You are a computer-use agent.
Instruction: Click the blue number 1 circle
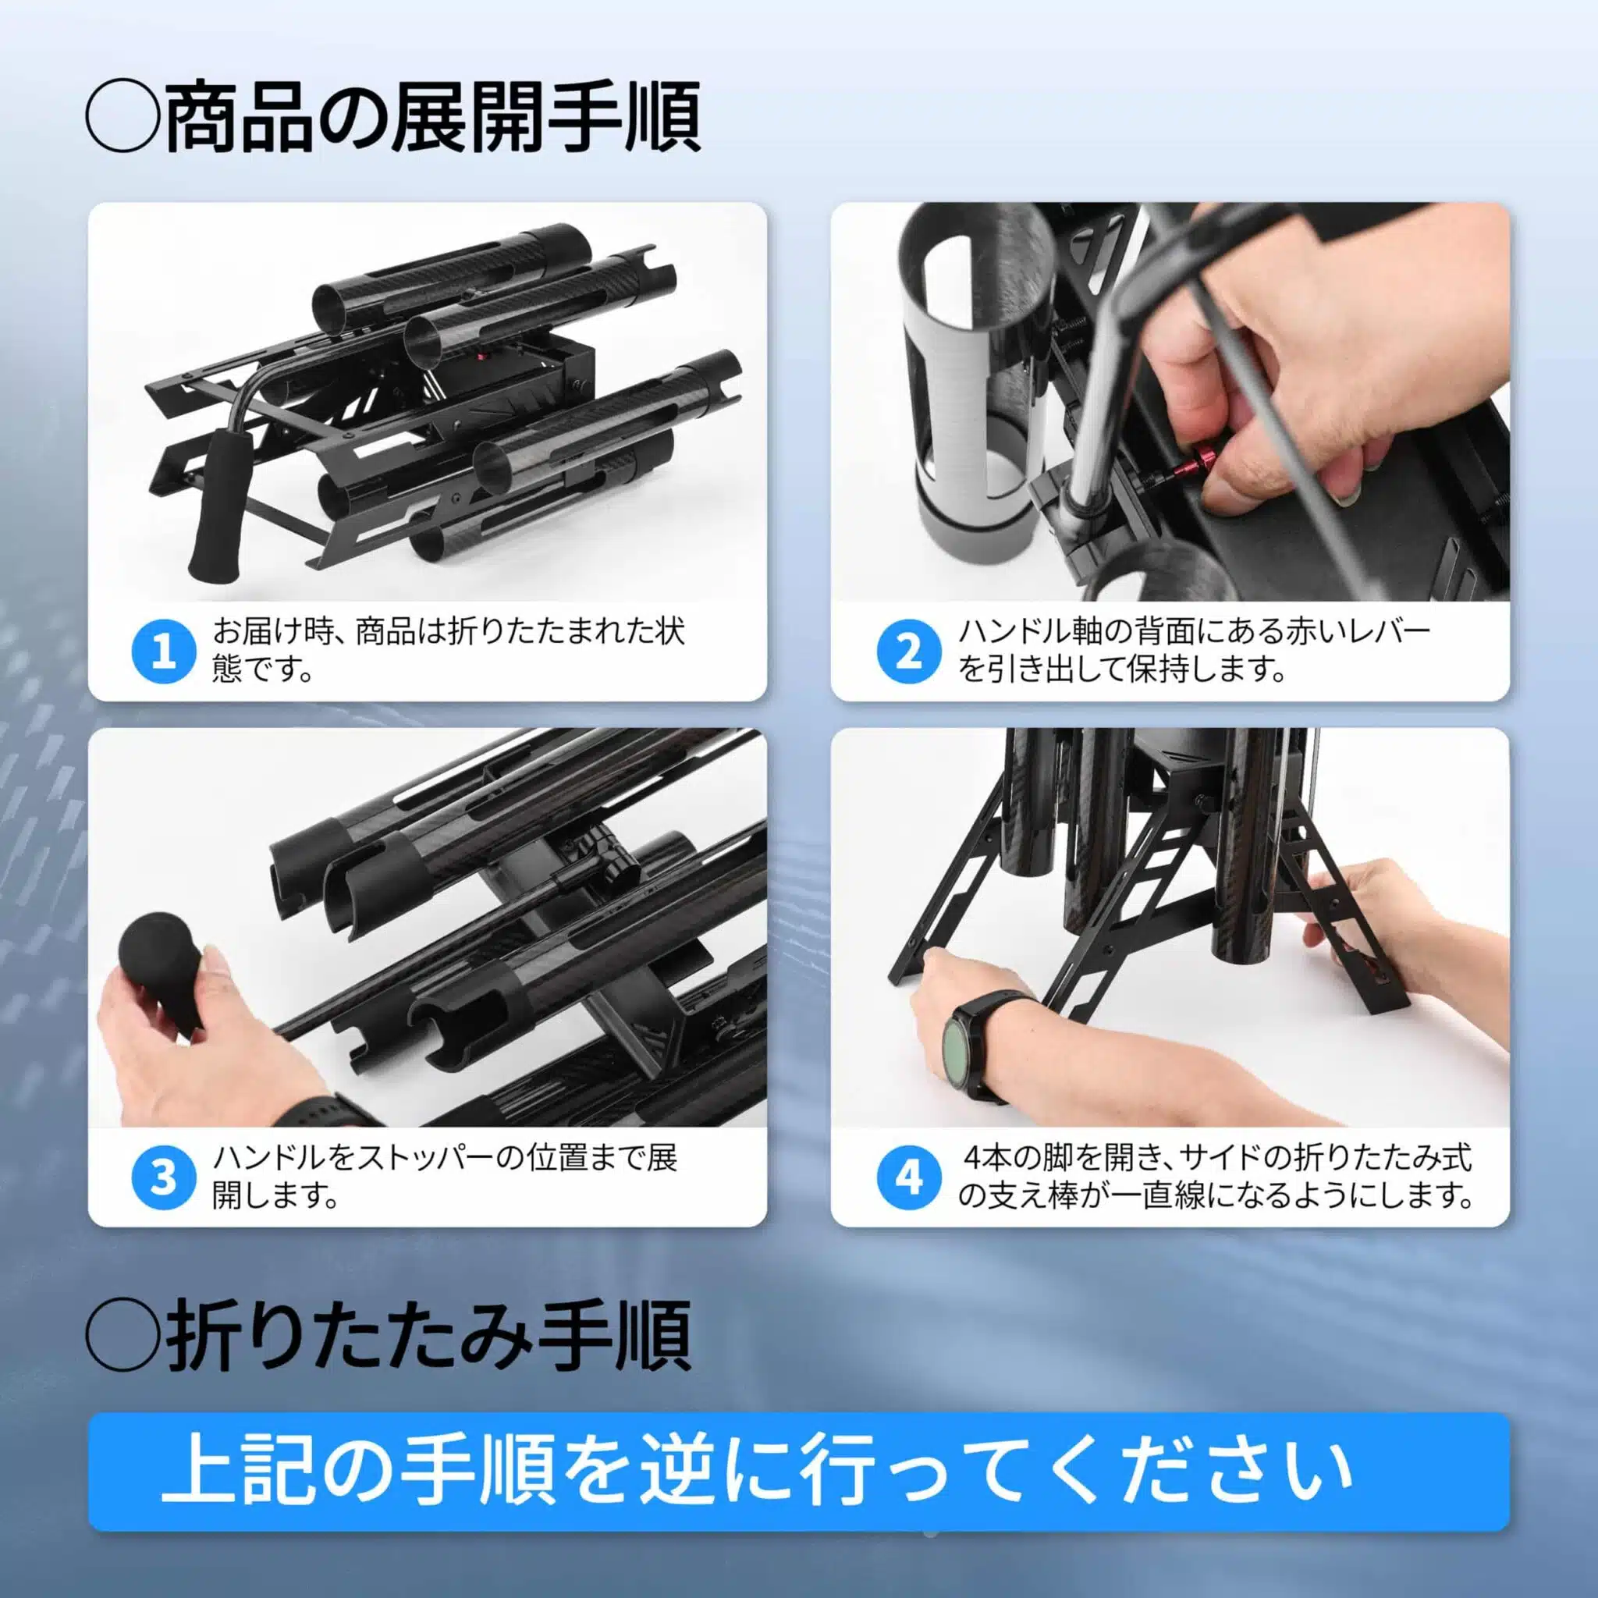[x=164, y=652]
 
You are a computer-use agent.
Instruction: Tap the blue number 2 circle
[x=908, y=652]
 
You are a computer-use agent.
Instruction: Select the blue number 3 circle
[x=164, y=1177]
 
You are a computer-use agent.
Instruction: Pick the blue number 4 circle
[x=908, y=1177]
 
